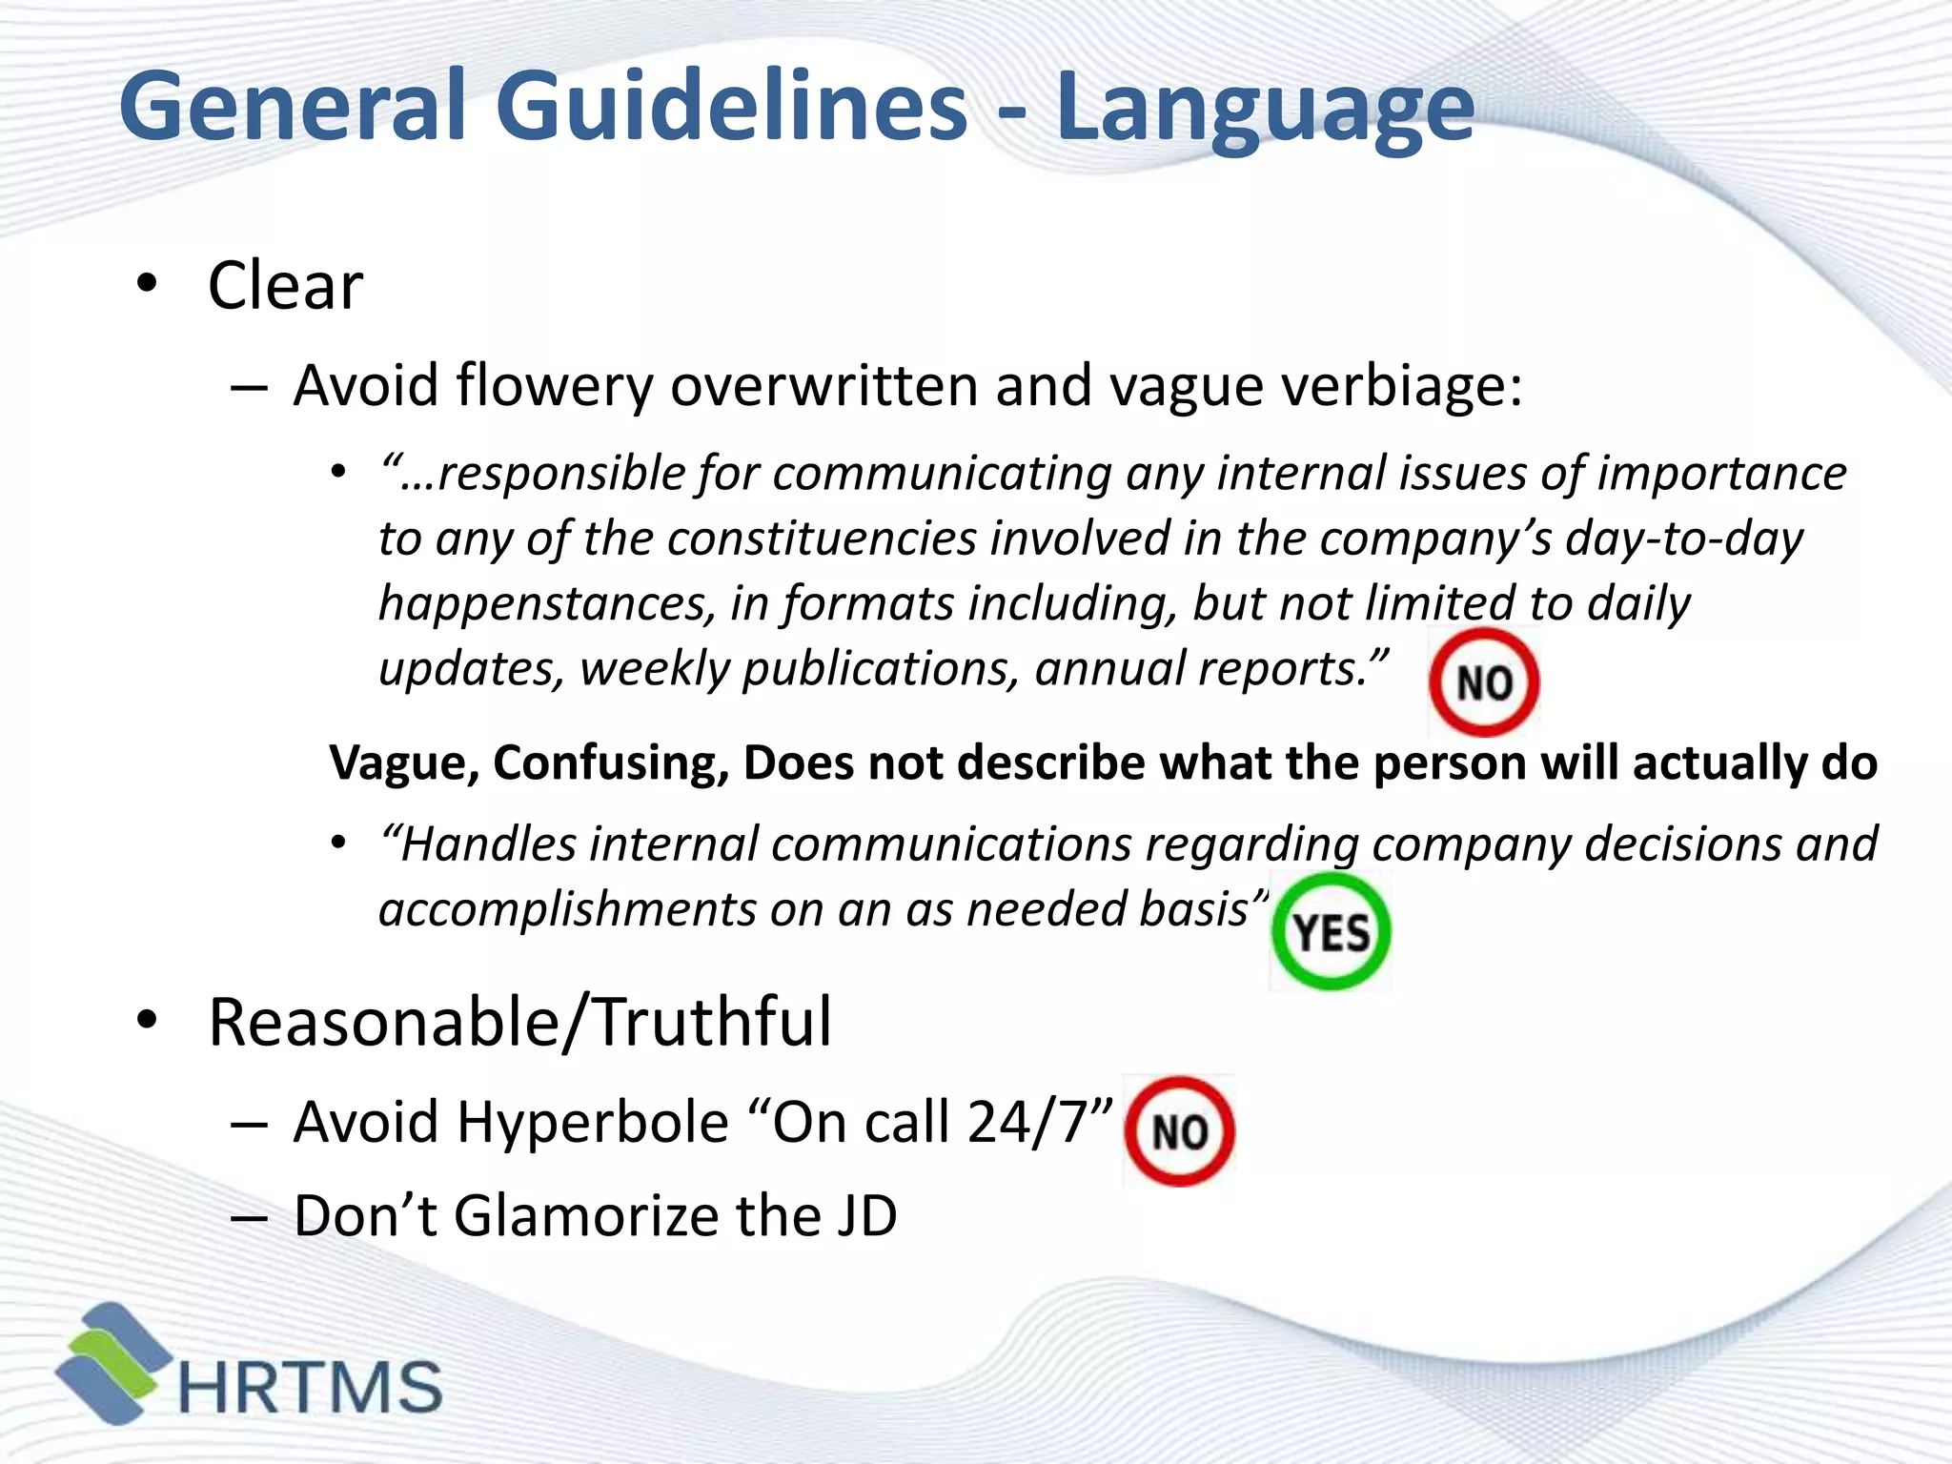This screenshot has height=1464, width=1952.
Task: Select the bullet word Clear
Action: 285,286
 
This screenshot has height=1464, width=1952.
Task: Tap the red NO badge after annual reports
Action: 1483,682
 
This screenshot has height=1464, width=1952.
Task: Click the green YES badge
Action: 1331,931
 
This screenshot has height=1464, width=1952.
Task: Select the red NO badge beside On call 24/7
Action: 1179,1131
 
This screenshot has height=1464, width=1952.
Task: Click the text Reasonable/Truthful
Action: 519,1022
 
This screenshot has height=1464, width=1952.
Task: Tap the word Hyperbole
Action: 592,1122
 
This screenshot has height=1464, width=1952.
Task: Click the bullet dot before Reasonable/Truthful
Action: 146,1021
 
